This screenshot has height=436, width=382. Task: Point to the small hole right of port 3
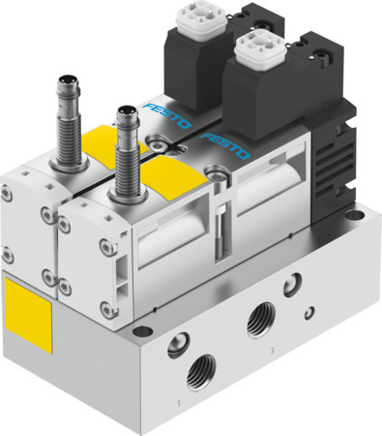pyautogui.click(x=309, y=313)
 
